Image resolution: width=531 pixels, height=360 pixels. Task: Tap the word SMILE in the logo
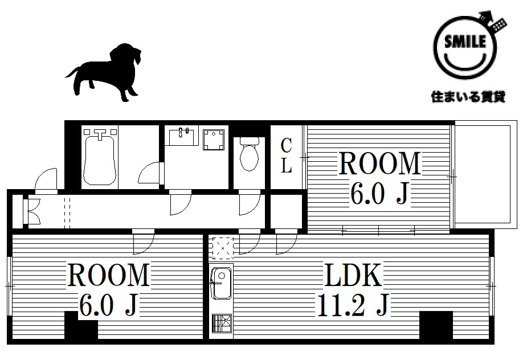click(465, 42)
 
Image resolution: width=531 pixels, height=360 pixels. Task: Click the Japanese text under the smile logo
click(468, 97)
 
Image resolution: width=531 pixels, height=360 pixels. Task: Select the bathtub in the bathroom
click(99, 158)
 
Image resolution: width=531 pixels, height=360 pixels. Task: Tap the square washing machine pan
click(214, 140)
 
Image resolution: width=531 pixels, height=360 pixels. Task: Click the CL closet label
click(286, 156)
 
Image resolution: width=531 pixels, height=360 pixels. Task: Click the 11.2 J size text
click(353, 305)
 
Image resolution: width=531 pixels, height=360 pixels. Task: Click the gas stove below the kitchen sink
click(222, 323)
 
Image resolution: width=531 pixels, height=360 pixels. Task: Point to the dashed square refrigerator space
click(223, 248)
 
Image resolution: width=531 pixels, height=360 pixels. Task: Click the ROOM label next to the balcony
click(379, 163)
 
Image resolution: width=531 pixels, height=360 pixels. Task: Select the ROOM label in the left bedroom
click(109, 275)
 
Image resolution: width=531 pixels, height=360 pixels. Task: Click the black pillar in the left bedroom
click(81, 325)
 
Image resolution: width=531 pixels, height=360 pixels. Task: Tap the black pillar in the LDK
click(436, 325)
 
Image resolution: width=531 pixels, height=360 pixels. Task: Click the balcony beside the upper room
click(485, 174)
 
